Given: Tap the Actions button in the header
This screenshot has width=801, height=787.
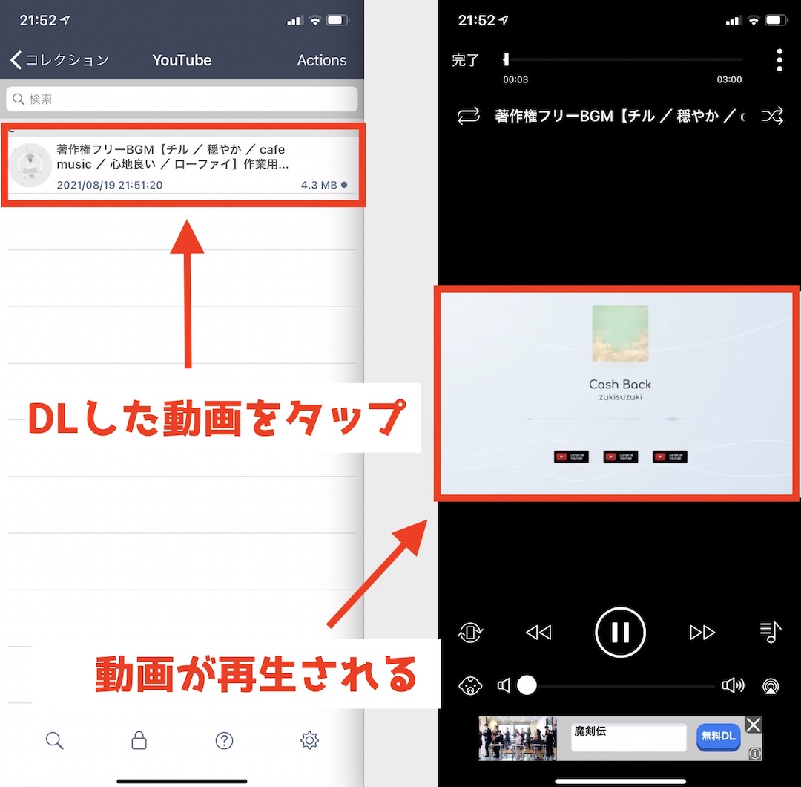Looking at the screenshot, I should click(321, 60).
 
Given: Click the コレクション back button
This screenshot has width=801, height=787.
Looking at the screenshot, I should click(60, 60).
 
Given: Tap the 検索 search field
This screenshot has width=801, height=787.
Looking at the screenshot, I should click(182, 99).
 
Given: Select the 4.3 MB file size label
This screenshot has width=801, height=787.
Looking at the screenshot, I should click(319, 185).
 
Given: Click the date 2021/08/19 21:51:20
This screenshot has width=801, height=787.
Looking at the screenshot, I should click(109, 185).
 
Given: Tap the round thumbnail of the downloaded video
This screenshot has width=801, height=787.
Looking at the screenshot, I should click(30, 166).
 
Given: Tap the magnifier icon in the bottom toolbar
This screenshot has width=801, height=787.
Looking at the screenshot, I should click(54, 740).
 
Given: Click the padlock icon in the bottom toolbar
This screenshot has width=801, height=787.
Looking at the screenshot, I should click(139, 740).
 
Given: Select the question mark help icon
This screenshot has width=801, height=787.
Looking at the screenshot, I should click(224, 740).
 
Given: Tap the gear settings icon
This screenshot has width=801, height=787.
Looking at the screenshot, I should click(309, 740).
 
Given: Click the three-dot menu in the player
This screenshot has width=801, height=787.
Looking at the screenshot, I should click(779, 60).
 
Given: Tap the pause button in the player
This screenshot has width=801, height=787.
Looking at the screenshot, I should click(620, 633).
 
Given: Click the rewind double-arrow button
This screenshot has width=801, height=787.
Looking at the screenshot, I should click(538, 633).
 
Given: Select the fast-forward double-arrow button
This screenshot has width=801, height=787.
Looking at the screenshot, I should click(702, 633).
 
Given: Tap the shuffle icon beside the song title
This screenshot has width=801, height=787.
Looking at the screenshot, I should click(772, 116).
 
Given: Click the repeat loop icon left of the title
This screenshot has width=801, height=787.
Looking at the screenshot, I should click(469, 116).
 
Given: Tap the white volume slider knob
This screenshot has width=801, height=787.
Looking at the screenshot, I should click(527, 685).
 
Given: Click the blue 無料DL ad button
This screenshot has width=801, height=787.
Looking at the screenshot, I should click(718, 736).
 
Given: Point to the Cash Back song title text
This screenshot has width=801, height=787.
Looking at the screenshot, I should click(620, 384).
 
